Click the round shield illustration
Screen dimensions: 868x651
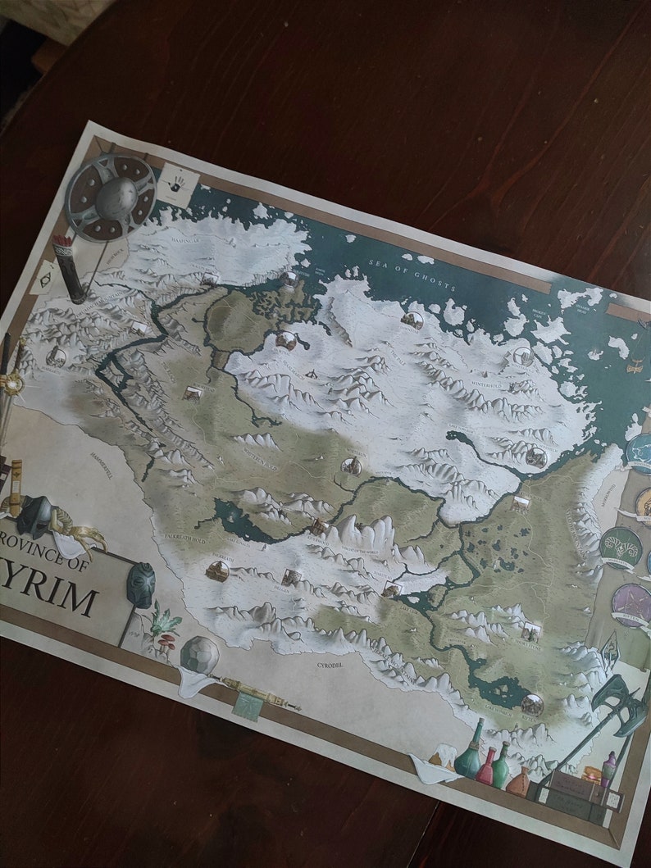click(x=112, y=197)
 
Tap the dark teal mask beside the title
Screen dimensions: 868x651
click(x=140, y=584)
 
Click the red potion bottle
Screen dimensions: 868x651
click(x=485, y=767)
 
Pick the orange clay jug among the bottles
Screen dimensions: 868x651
click(x=518, y=781)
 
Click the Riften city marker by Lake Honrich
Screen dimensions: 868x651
click(x=532, y=703)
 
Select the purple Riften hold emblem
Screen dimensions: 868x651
click(x=632, y=605)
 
